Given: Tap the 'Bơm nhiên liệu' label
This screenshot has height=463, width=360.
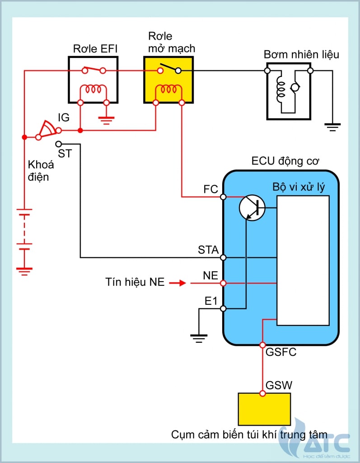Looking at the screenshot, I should pyautogui.click(x=301, y=55).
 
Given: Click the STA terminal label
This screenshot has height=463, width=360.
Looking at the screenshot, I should pyautogui.click(x=208, y=250).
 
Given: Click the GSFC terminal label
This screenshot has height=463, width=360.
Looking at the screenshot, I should pyautogui.click(x=281, y=352).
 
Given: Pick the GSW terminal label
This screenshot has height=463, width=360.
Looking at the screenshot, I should pyautogui.click(x=279, y=386).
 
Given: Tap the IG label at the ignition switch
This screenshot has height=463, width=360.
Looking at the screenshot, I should pyautogui.click(x=64, y=118).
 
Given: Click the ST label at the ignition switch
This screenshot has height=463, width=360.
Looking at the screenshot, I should pyautogui.click(x=65, y=153).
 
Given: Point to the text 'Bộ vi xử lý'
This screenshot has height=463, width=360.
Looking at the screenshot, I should pyautogui.click(x=299, y=187).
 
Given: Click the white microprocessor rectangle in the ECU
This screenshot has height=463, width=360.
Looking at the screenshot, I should pyautogui.click(x=303, y=260).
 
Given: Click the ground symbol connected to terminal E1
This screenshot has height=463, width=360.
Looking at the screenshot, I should pyautogui.click(x=198, y=337).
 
